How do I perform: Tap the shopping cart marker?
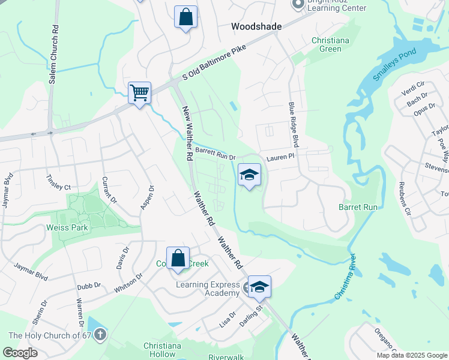139,93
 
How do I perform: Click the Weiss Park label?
67,227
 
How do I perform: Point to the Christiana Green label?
326,44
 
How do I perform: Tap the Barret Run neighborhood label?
358,206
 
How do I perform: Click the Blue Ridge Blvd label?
294,125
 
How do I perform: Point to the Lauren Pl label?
282,155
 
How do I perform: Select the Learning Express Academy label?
208,289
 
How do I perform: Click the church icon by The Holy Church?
100,334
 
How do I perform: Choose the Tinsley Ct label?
58,183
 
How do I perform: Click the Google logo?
20,353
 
